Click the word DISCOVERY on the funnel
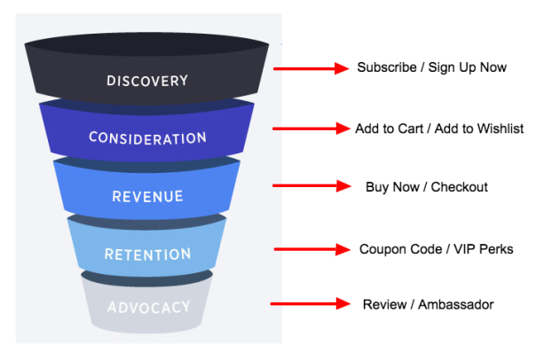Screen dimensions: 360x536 (147, 81)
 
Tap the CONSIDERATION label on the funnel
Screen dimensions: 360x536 (147, 138)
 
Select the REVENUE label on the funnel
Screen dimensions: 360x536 (147, 196)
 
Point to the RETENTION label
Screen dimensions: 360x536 (147, 254)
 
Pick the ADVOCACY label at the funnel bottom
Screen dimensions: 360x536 (148, 308)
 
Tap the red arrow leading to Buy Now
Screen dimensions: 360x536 (311, 185)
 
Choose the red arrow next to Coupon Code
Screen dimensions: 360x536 (311, 249)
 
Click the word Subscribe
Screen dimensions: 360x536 (383, 67)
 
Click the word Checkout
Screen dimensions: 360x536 (459, 187)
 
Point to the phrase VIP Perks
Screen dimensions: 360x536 (484, 249)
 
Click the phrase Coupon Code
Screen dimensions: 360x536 (397, 249)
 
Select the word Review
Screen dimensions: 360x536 (382, 305)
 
